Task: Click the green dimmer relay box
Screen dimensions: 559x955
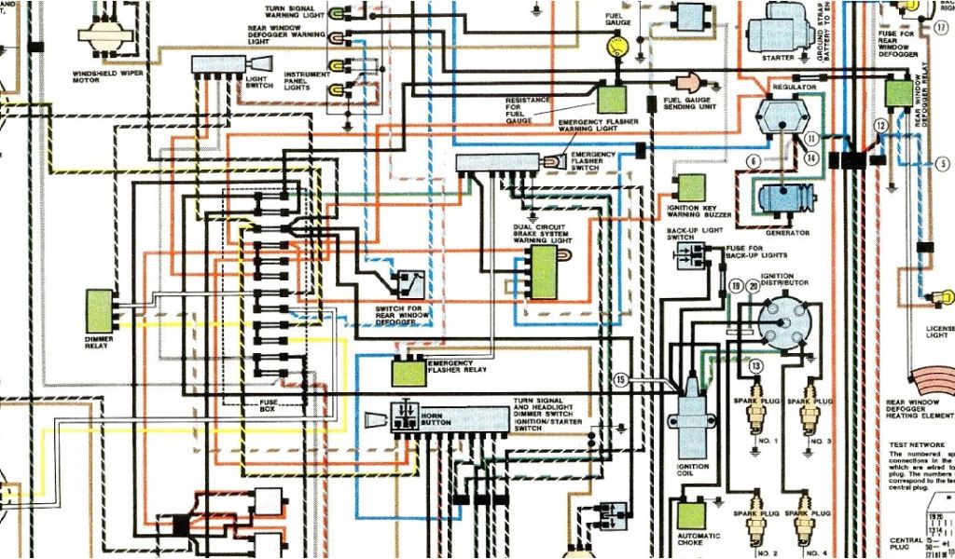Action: [99, 310]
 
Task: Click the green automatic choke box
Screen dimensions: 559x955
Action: [692, 515]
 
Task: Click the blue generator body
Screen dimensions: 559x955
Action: [782, 200]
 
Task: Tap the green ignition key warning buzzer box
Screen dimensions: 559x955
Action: [691, 188]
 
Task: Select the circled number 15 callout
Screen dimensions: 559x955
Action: [622, 379]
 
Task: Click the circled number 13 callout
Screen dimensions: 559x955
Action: [755, 365]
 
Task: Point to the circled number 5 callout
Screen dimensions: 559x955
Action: [943, 163]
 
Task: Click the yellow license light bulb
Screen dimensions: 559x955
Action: [944, 298]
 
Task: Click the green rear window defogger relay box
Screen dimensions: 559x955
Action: [899, 92]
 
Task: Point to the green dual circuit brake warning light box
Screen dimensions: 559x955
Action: [543, 271]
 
